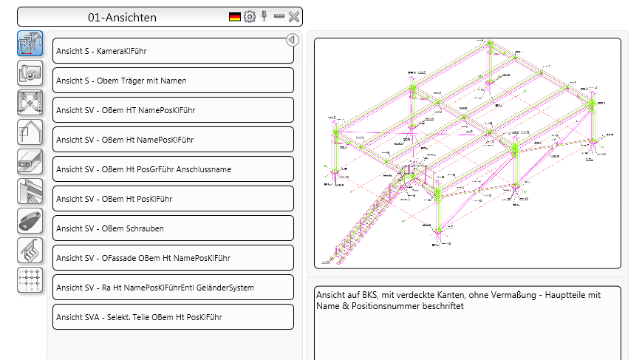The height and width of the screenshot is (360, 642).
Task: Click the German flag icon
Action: tap(235, 16)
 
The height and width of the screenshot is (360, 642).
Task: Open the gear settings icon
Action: tap(250, 16)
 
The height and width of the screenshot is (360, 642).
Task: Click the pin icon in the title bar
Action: tap(264, 16)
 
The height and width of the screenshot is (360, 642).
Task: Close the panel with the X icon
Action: tap(293, 16)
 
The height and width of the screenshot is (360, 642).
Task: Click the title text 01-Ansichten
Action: tap(122, 16)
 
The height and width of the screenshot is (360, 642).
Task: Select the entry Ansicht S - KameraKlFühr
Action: tap(173, 51)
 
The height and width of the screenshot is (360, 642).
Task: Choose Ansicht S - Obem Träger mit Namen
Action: tap(173, 81)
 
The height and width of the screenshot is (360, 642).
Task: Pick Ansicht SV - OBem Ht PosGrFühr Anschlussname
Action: tap(173, 169)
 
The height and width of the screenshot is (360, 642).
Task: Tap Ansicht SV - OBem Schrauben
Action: tap(173, 228)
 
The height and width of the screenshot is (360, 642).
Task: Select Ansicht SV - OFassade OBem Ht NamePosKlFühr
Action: tap(173, 258)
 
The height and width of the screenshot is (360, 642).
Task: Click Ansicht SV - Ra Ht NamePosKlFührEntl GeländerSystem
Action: tap(173, 288)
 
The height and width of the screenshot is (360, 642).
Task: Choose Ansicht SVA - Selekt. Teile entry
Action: tap(173, 317)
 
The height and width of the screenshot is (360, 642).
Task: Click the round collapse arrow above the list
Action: tap(292, 40)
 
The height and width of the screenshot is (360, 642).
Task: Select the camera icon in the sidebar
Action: tap(30, 72)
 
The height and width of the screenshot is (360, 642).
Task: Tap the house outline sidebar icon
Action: tap(30, 132)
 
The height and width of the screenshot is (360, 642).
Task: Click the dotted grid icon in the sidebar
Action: tap(30, 280)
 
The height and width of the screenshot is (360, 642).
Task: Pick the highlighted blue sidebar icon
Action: tap(30, 44)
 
